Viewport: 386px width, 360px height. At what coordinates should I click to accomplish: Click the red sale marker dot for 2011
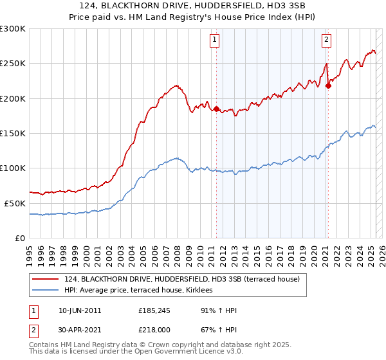[216, 109]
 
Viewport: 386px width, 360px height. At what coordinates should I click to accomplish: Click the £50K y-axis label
[15, 203]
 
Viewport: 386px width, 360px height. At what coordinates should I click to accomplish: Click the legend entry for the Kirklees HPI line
[142, 291]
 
